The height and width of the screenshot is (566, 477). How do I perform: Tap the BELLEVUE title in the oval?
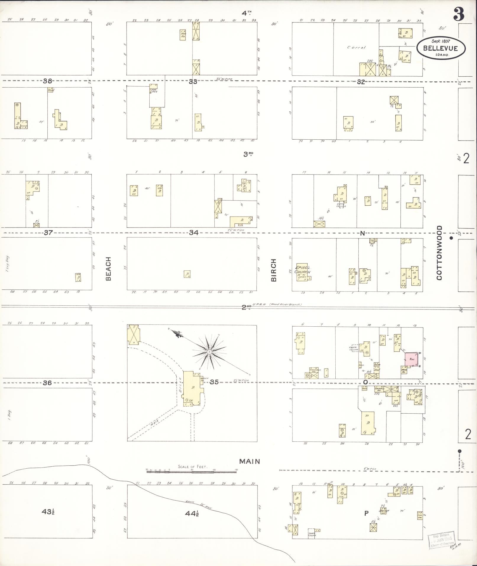[440, 48]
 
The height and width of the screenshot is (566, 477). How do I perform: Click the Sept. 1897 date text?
[441, 41]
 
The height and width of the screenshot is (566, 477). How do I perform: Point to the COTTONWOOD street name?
[439, 253]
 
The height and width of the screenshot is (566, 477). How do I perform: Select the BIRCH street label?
[274, 270]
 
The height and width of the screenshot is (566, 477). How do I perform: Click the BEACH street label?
[108, 269]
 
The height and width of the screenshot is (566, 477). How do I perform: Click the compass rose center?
[209, 352]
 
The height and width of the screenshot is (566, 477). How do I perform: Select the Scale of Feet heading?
[193, 467]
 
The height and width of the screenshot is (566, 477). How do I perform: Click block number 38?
[47, 81]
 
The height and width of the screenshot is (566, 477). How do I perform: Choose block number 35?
[214, 382]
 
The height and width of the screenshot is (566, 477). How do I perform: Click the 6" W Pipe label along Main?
[370, 469]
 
